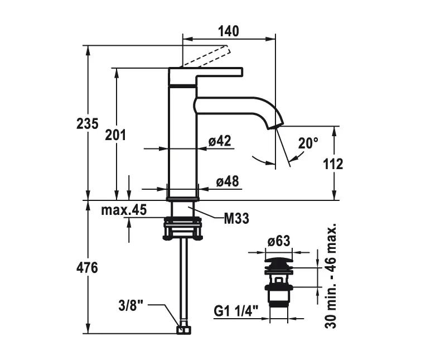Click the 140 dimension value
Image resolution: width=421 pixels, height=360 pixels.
coord(229,31)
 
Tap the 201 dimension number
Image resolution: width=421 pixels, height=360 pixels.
coord(115,135)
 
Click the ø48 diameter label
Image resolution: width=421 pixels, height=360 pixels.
coord(228,181)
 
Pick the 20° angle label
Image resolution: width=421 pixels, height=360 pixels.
coord(308,143)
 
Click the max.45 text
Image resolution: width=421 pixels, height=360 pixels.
coord(124,210)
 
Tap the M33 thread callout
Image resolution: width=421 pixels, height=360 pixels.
coord(236,219)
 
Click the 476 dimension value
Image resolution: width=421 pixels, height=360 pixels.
coord(87,268)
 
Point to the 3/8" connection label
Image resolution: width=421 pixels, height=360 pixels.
coord(131,305)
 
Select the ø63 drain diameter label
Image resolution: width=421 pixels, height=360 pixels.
coord(278,241)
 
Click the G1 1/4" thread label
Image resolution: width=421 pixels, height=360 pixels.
coord(235,311)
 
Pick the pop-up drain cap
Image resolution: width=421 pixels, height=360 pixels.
coord(278,261)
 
